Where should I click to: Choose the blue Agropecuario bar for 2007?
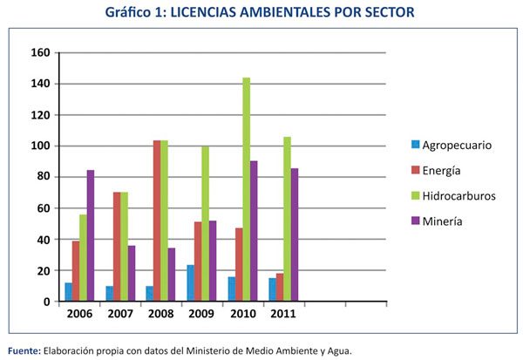pos(109,294)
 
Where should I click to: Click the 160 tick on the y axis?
pos(40,52)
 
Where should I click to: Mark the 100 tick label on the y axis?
pos(40,146)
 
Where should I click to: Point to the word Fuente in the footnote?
pos(22,350)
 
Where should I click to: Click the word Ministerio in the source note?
pos(207,350)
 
